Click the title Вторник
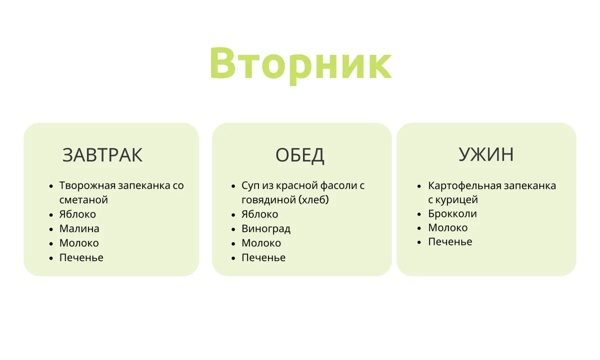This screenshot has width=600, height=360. click(300, 64)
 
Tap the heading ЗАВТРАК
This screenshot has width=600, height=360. click(102, 155)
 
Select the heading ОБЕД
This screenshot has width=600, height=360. click(299, 155)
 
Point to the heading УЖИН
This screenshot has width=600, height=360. click(486, 154)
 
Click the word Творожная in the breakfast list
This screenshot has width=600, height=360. click(87, 185)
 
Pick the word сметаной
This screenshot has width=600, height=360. click(83, 200)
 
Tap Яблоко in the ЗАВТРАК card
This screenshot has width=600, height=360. click(77, 214)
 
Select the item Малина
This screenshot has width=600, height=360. click(79, 229)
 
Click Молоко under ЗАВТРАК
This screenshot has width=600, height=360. click(79, 243)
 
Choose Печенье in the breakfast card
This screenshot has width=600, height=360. click(81, 257)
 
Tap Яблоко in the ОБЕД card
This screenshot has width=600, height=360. click(260, 214)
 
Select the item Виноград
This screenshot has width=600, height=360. click(266, 229)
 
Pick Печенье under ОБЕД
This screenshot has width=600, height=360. click(263, 257)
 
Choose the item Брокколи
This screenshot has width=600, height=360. click(452, 214)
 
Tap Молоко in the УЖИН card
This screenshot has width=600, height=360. click(448, 227)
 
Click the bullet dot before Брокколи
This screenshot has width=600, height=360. click(419, 214)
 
